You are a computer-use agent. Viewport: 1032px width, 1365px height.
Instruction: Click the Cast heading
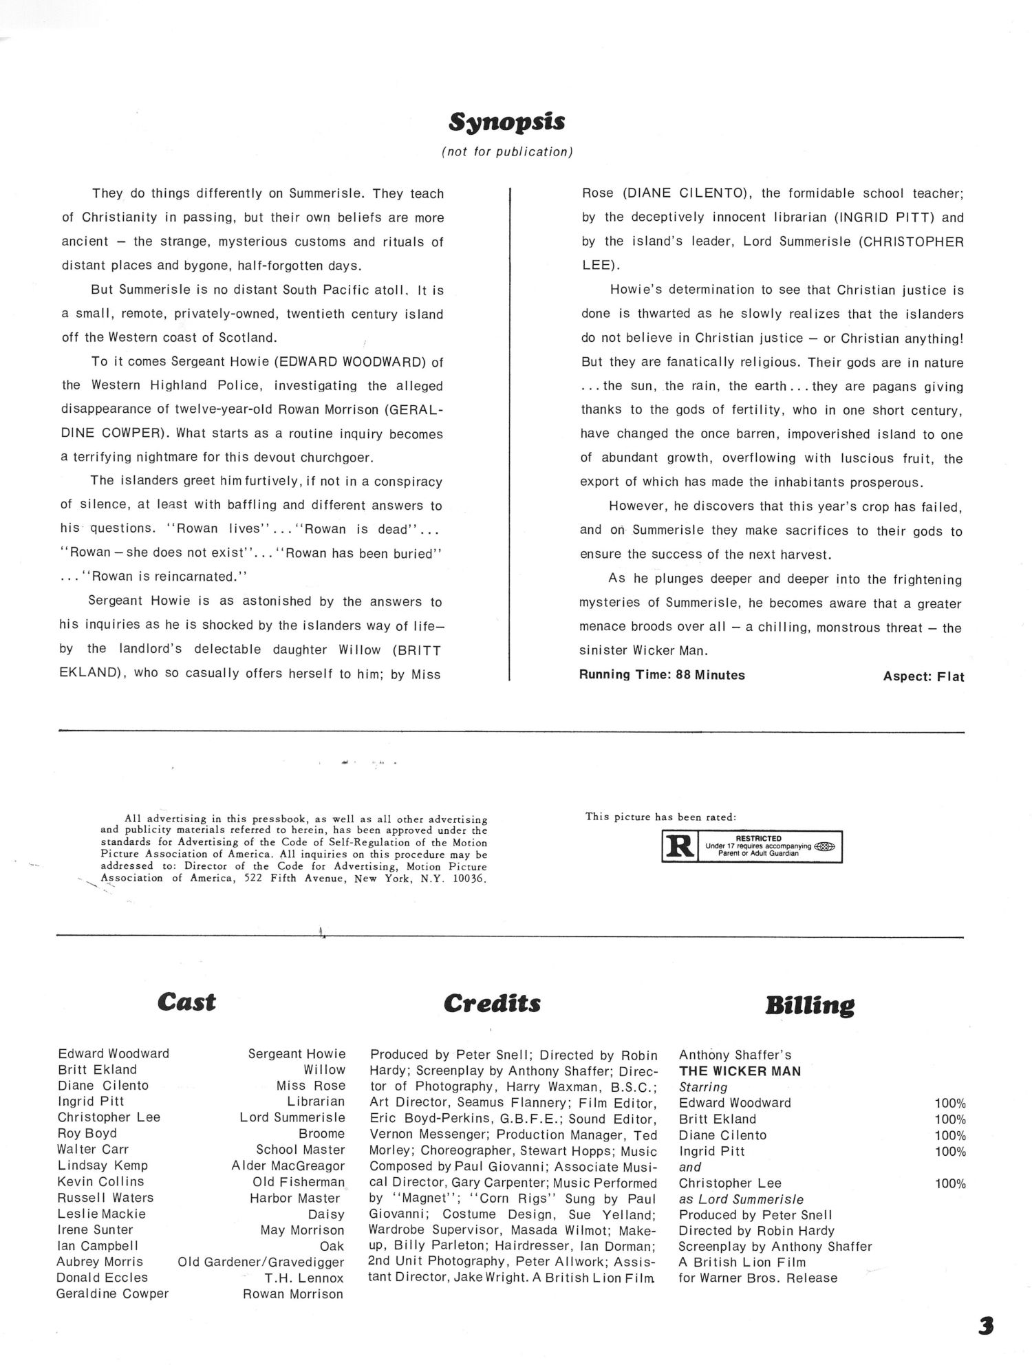(186, 1002)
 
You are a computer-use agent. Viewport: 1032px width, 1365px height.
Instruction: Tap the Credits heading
(492, 1004)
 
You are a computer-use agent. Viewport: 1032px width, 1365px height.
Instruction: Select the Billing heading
(810, 1006)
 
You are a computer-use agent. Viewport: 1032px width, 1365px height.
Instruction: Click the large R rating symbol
(679, 846)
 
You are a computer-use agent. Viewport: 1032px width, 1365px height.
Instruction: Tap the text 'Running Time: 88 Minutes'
(662, 675)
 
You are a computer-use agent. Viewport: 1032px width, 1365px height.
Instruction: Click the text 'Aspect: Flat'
(923, 676)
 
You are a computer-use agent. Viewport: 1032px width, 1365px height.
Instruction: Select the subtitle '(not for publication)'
(507, 152)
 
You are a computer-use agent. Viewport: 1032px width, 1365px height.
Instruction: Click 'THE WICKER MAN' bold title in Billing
(740, 1071)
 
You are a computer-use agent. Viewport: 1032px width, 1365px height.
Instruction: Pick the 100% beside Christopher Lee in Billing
(950, 1183)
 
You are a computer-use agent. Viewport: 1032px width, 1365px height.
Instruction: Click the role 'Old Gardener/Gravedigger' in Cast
(261, 1262)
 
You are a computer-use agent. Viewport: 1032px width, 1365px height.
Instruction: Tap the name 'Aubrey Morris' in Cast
(100, 1262)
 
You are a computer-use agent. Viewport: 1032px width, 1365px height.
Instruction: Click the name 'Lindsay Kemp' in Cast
(103, 1165)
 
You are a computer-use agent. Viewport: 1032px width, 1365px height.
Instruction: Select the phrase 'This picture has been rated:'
(660, 817)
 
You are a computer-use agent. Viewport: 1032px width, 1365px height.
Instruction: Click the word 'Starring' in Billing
(703, 1087)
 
